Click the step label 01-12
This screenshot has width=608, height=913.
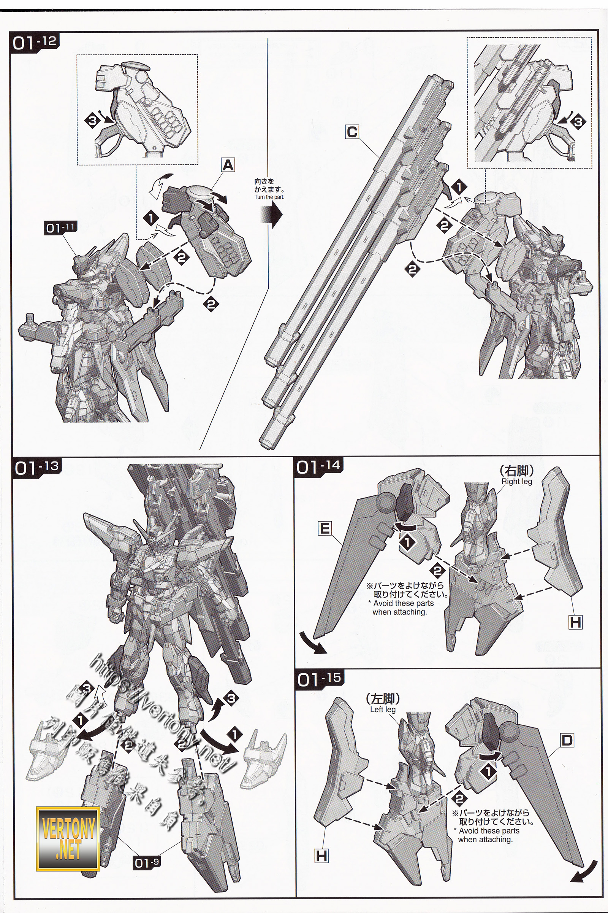[x=35, y=42]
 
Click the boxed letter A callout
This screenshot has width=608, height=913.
[x=228, y=166]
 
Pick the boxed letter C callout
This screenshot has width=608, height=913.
[x=352, y=132]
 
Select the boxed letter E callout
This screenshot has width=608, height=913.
[x=325, y=528]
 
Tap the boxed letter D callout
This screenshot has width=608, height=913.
[x=567, y=741]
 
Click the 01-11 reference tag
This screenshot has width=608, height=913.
[x=59, y=228]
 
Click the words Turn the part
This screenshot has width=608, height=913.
[x=269, y=197]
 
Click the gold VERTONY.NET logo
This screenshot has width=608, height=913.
[x=68, y=826]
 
